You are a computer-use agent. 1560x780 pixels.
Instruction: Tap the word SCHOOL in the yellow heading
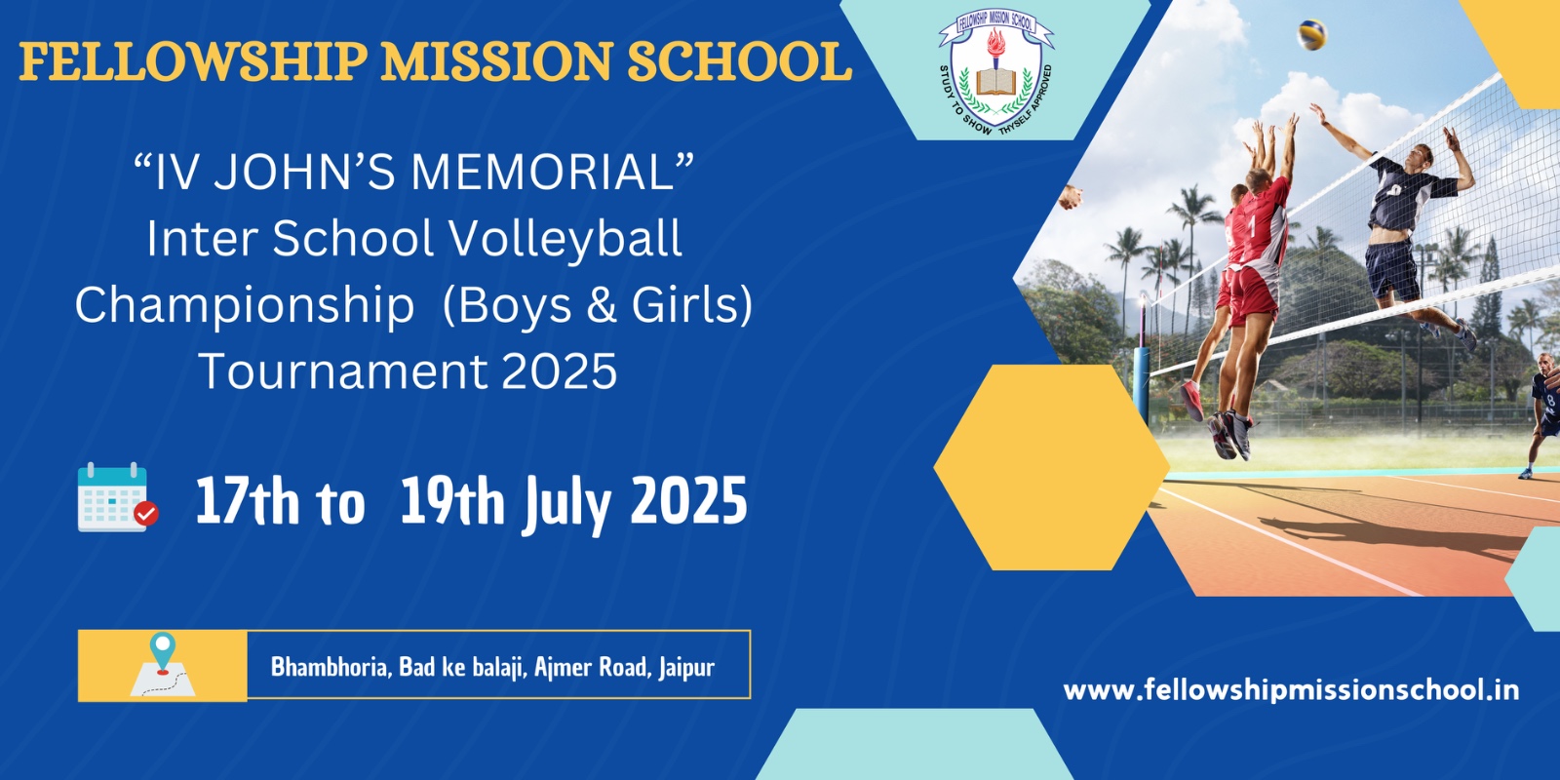(x=738, y=62)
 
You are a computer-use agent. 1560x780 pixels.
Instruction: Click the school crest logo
(x=995, y=74)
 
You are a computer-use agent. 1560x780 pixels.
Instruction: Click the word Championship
(x=245, y=306)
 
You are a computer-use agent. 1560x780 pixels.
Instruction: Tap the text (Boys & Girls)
(x=598, y=306)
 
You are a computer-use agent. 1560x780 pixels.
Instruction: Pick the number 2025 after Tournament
(x=559, y=372)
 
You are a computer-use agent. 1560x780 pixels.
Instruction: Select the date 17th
(x=247, y=502)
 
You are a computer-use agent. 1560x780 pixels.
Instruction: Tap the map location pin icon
(x=162, y=653)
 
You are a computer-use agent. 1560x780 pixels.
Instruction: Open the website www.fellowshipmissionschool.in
(x=1291, y=690)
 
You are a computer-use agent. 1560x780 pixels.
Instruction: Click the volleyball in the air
(x=1311, y=36)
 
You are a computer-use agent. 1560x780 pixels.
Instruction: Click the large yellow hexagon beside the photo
(x=1051, y=467)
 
